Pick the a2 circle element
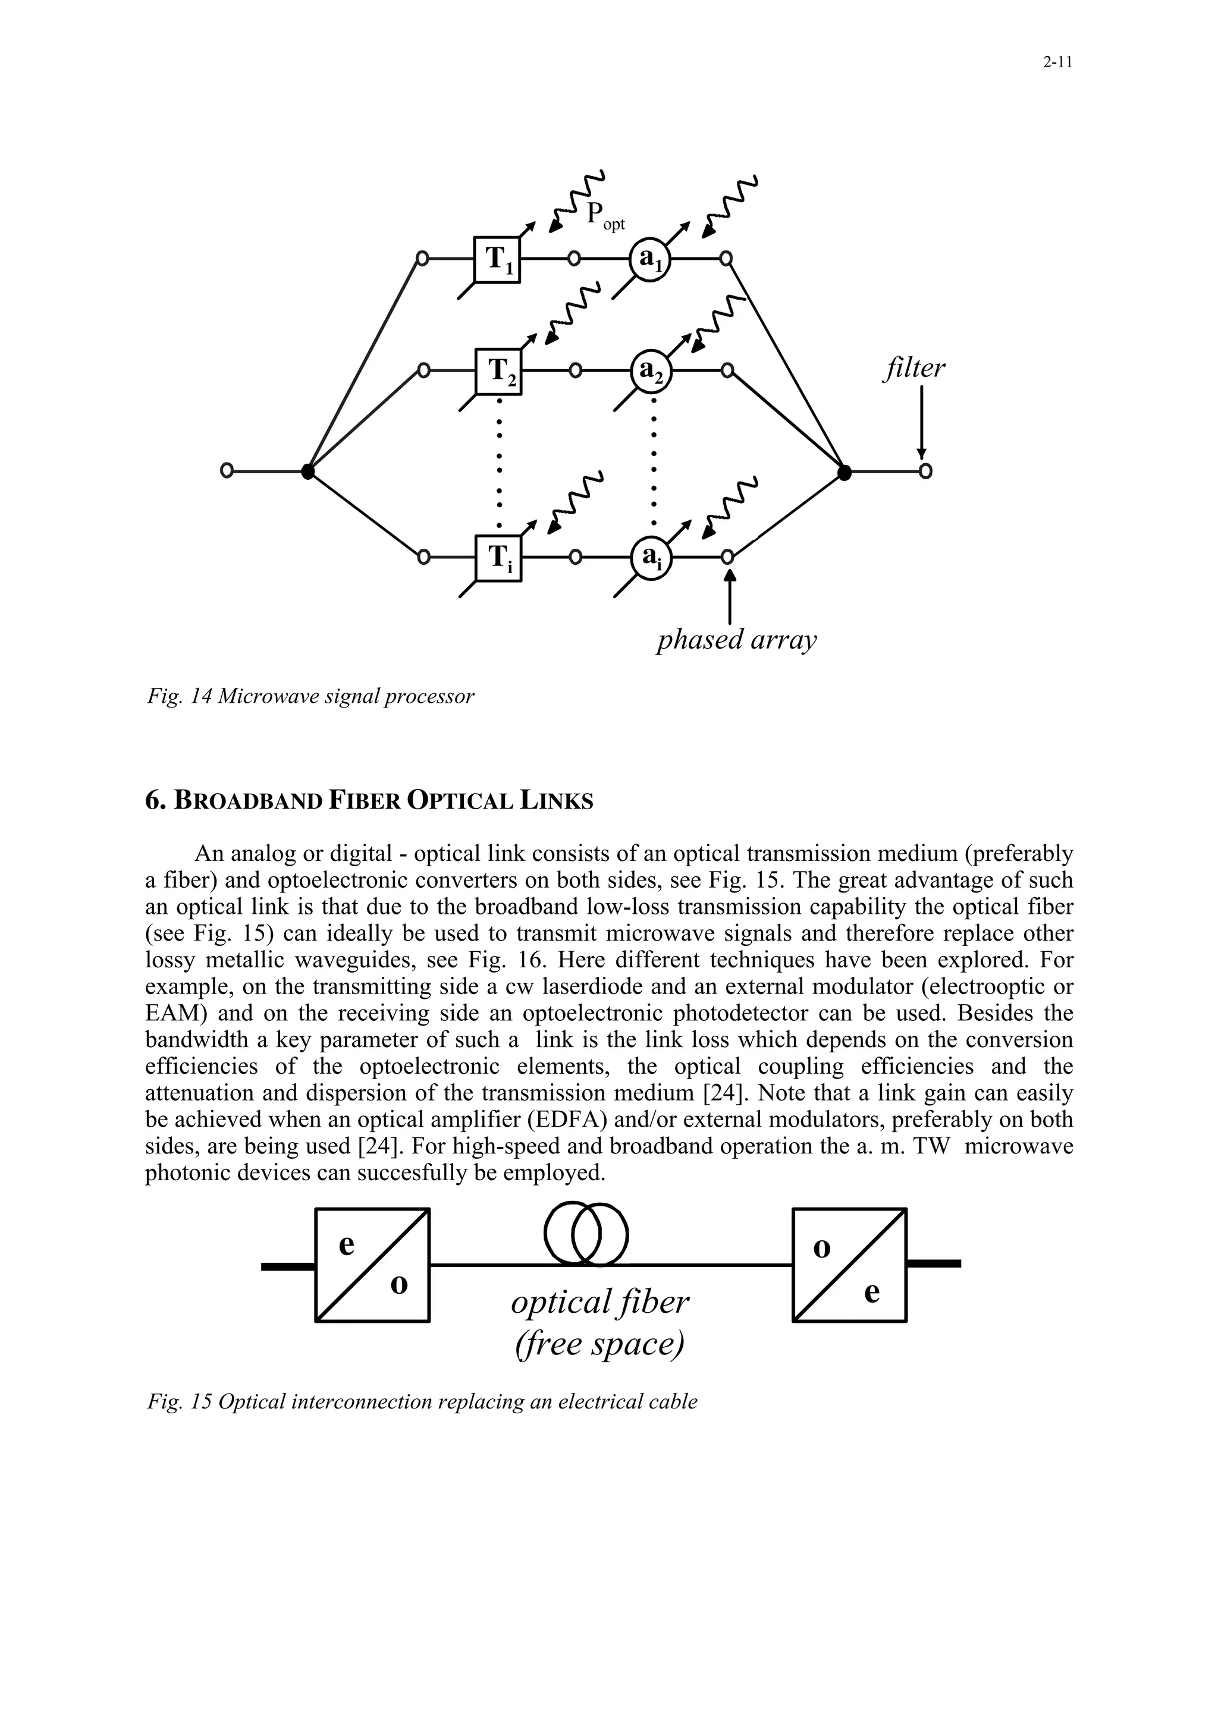point(651,372)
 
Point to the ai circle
point(651,558)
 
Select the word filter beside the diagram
point(913,367)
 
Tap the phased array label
point(736,640)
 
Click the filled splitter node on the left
point(307,471)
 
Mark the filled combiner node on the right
point(845,472)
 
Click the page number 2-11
point(1057,63)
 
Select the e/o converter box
point(372,1265)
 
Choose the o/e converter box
point(849,1265)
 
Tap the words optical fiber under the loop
point(599,1302)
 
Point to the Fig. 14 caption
point(310,696)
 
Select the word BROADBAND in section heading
point(247,801)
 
